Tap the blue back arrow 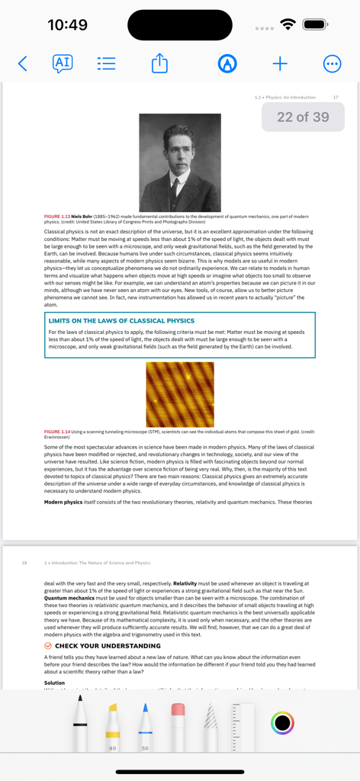tap(22, 64)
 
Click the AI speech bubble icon tap(63, 63)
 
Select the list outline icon tap(107, 63)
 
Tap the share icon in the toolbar tap(159, 63)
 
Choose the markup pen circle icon tap(227, 63)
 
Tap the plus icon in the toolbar tap(280, 63)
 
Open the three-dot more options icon tap(333, 63)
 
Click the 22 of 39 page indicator tap(303, 117)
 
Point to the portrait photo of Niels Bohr tap(180, 162)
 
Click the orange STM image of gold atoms tap(179, 394)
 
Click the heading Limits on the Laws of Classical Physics tap(121, 321)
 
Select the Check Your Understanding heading tap(108, 645)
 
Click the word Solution tap(55, 683)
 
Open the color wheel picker tap(283, 722)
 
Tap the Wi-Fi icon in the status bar tap(288, 25)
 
